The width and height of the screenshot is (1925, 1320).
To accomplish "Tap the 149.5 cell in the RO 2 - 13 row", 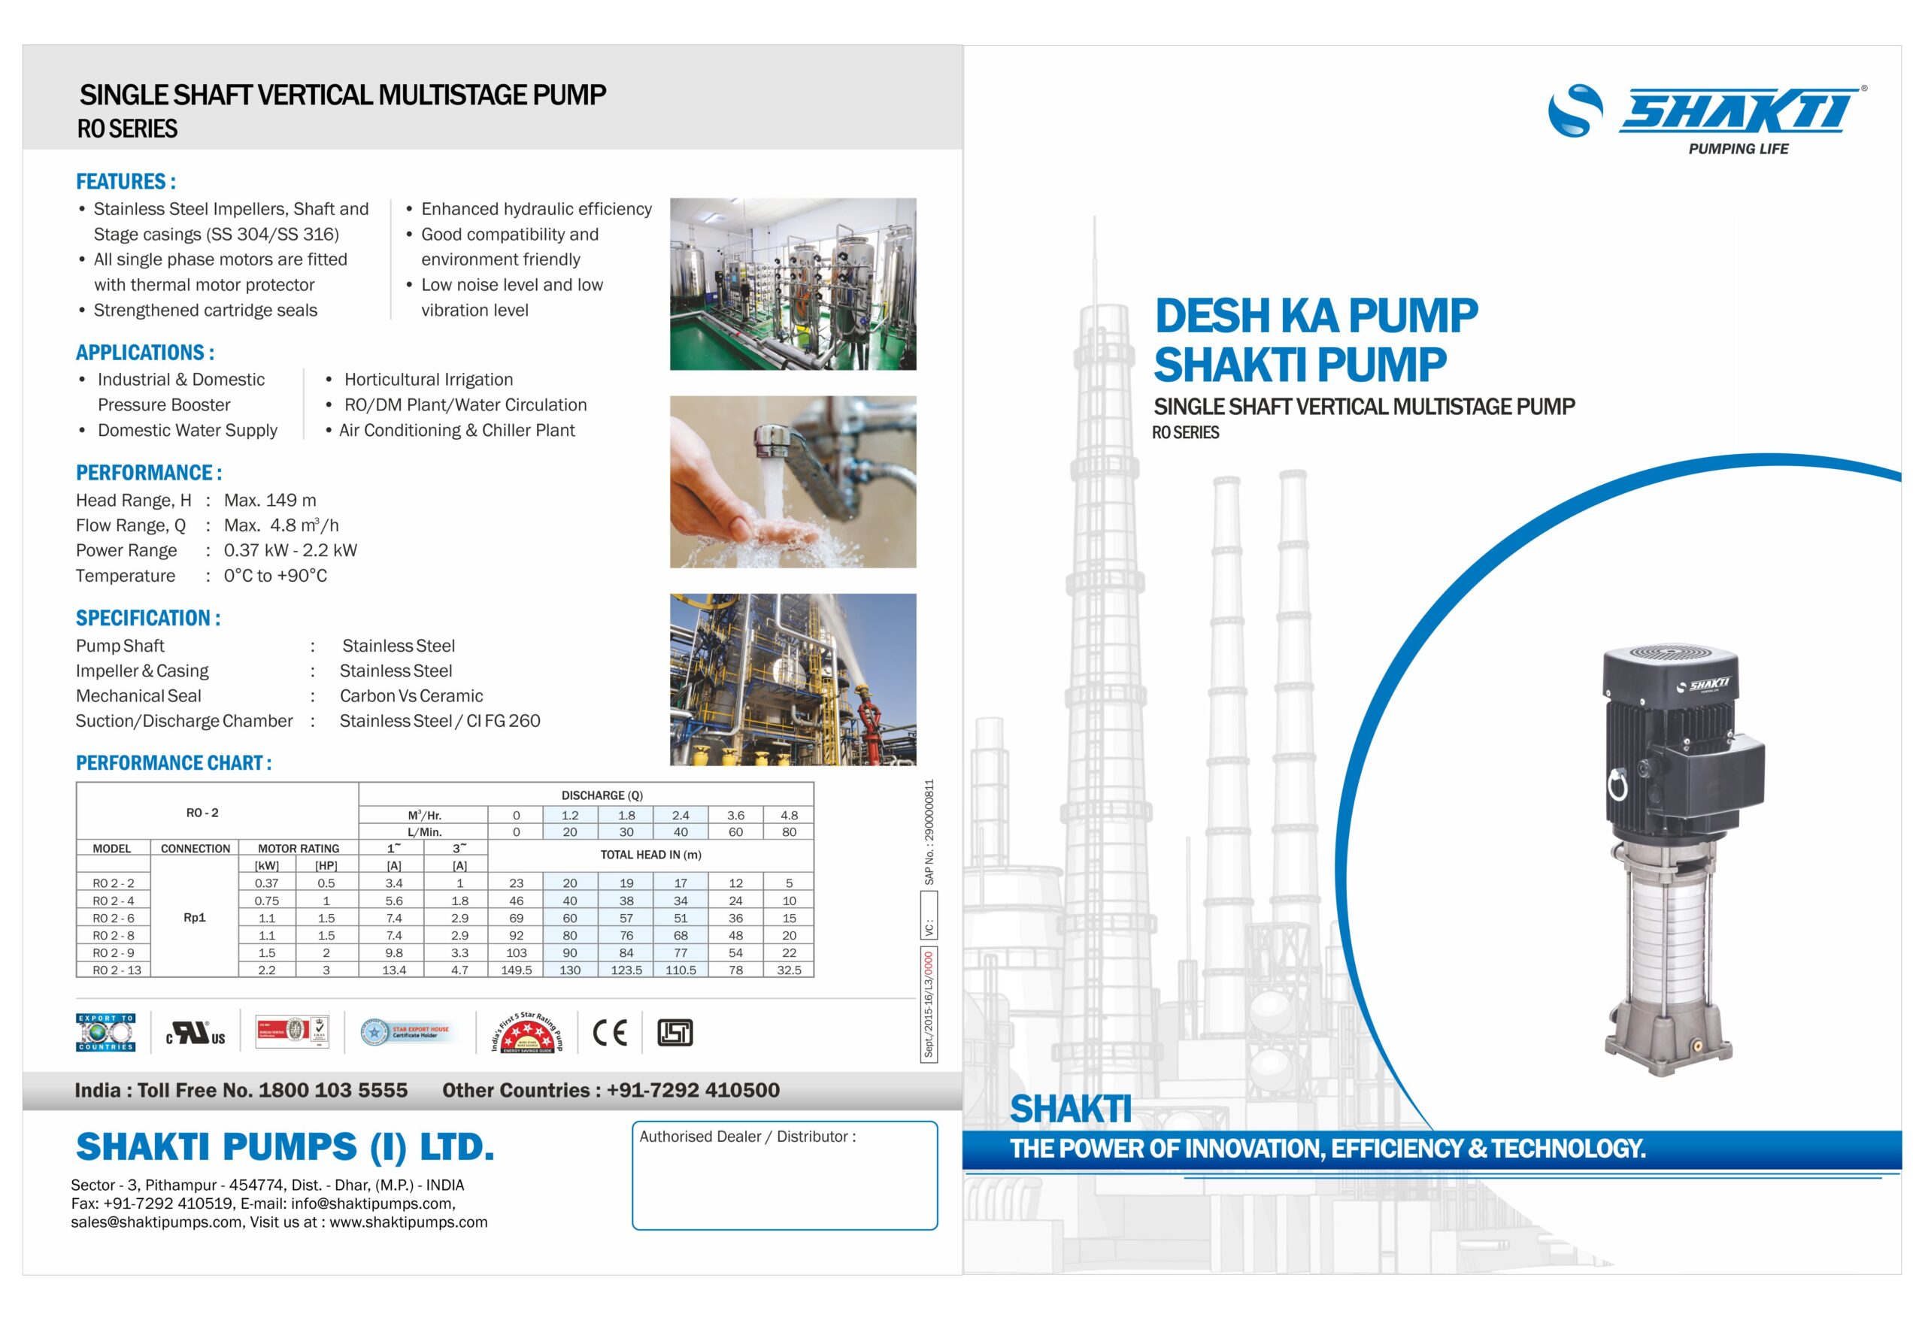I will coord(516,970).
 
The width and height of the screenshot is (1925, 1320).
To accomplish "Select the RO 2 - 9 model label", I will coord(114,952).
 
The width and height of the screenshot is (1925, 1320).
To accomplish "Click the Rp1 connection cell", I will coord(195,918).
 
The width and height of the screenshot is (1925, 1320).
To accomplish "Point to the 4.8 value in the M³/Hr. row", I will coord(789,815).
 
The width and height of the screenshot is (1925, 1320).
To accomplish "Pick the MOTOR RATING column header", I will coord(299,848).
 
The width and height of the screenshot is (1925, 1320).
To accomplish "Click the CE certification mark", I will coord(610,1032).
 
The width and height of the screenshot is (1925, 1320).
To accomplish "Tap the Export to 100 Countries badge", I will coord(106,1032).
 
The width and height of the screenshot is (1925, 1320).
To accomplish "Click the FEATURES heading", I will coord(126,181).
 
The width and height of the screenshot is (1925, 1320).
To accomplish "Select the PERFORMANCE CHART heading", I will coord(173,763).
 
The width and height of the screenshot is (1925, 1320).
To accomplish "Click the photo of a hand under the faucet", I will coord(793,481).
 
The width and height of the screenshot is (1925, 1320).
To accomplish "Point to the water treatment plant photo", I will coord(793,283).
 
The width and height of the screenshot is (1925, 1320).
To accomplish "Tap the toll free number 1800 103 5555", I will coord(333,1090).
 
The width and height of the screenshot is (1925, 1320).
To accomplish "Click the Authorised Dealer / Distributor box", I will coord(784,1175).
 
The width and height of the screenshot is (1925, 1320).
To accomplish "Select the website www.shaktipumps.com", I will coord(408,1222).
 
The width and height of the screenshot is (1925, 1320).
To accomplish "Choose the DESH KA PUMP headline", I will coord(1316,316).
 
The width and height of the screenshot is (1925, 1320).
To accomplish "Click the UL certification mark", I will coord(196,1034).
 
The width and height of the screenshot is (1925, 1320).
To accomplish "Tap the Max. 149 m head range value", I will coord(270,500).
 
